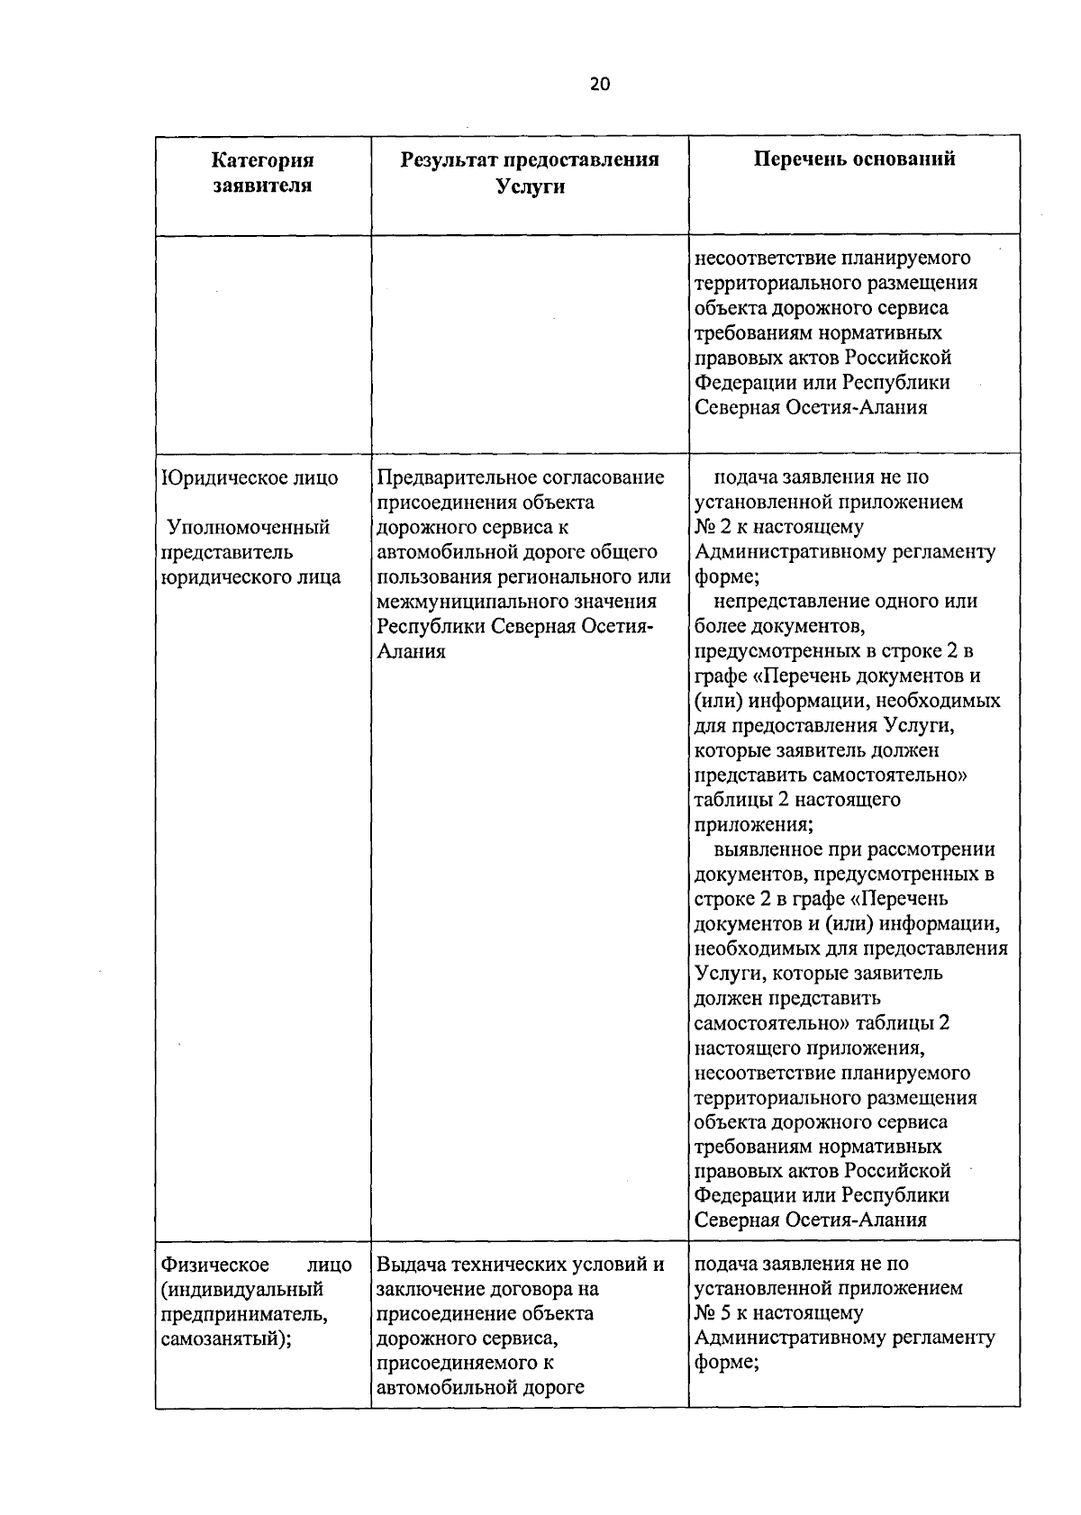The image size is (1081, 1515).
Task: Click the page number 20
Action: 599,85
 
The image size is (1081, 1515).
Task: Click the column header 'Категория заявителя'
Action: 262,173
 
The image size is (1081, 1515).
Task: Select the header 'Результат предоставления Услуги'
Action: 530,173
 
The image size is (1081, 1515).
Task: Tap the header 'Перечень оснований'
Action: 854,159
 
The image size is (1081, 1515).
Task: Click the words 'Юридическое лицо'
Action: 250,477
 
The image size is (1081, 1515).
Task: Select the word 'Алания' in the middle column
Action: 411,651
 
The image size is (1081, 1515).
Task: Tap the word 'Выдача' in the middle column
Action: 411,1265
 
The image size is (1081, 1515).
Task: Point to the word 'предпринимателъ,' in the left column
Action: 244,1314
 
